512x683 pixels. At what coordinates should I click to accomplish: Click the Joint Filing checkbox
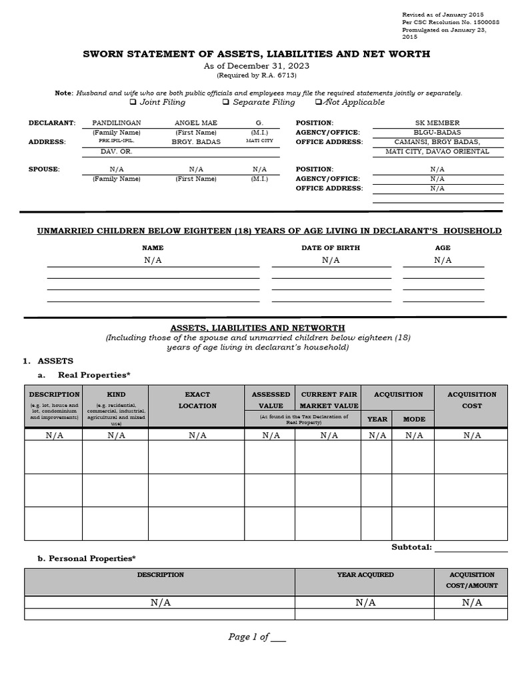tap(133, 102)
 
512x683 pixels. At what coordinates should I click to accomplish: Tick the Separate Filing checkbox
tap(226, 102)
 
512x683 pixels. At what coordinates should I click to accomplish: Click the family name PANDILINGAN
tap(116, 123)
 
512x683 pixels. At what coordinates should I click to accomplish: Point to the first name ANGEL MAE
tap(196, 123)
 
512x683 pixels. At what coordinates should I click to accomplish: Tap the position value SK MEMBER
tap(437, 123)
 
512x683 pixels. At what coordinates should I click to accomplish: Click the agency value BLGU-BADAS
tap(437, 132)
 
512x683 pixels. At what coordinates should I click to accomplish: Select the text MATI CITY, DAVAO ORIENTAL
tap(437, 151)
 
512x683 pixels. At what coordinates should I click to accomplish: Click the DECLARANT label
tap(52, 123)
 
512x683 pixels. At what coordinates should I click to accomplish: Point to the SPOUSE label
tap(44, 169)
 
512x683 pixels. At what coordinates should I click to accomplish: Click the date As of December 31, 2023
tap(256, 66)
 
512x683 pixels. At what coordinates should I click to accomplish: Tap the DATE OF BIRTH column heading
tap(331, 247)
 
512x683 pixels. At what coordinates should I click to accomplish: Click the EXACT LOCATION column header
tap(197, 400)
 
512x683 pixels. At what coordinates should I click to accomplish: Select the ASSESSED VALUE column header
tap(271, 400)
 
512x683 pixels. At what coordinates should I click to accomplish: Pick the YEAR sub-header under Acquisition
tap(377, 420)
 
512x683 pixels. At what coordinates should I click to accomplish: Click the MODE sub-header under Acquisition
tap(413, 420)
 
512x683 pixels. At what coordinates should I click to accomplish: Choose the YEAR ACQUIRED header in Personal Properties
tap(365, 574)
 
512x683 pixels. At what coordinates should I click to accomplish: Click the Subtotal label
tap(411, 547)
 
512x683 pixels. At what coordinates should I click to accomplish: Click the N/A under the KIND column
tap(116, 436)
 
